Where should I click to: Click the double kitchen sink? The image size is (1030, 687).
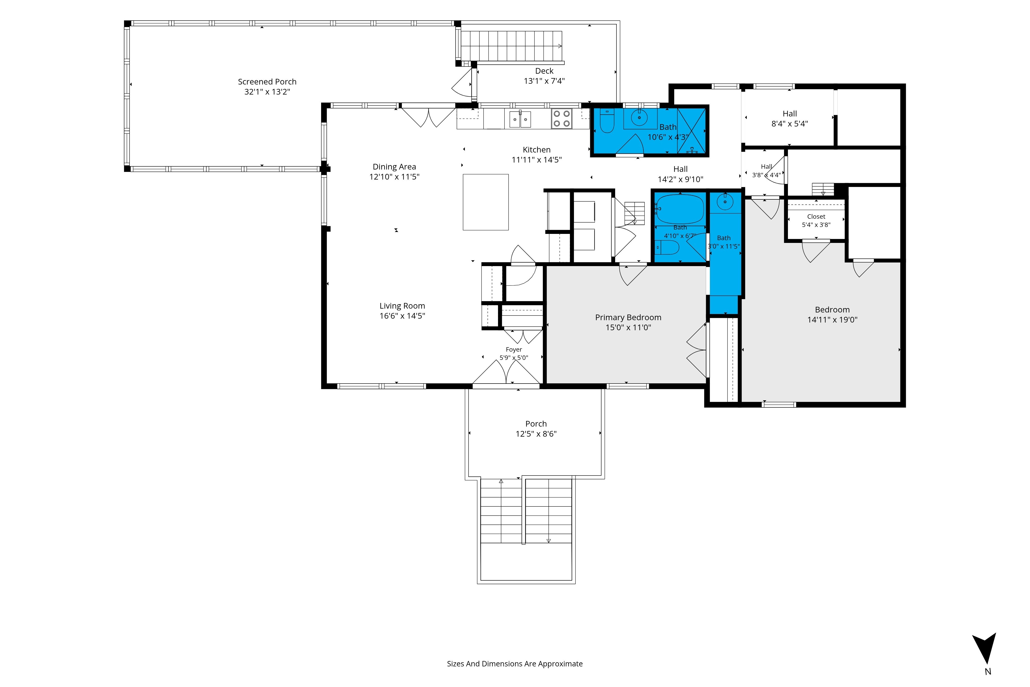[x=520, y=119]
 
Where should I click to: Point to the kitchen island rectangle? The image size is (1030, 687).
[x=486, y=202]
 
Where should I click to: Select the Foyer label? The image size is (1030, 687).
[x=514, y=350]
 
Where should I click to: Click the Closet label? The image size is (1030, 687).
[x=816, y=216]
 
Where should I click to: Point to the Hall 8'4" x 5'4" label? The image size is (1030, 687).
[x=789, y=114]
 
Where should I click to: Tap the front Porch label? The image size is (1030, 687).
[x=536, y=424]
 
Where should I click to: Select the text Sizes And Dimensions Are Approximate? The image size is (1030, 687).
[x=514, y=664]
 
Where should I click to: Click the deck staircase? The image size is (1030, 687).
[x=511, y=46]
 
